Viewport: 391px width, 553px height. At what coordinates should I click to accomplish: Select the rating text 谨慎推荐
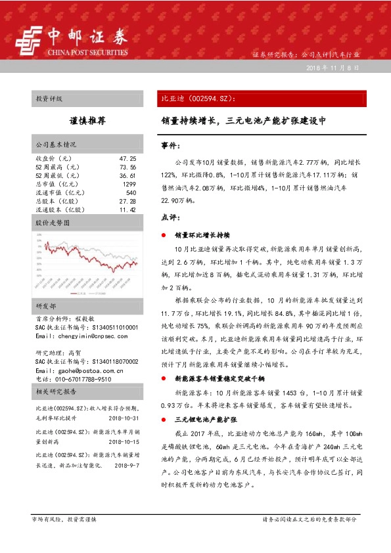[87, 122]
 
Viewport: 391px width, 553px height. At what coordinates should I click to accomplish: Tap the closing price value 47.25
[127, 159]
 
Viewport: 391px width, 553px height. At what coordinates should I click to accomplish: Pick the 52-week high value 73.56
[127, 167]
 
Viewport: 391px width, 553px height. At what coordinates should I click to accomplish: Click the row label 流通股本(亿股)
[60, 210]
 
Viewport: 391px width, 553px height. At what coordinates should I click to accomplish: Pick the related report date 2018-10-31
[124, 417]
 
